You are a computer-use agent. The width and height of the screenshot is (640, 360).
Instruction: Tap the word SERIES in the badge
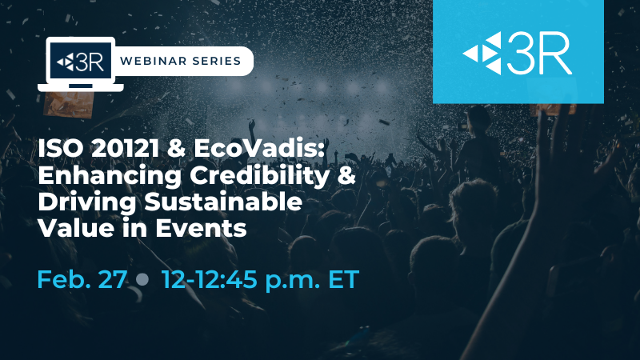(x=217, y=61)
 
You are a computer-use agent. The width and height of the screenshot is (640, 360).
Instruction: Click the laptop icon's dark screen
(x=81, y=62)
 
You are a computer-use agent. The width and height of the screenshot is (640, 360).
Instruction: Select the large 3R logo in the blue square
(x=518, y=54)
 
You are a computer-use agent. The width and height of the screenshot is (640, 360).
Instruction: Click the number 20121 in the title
(x=125, y=148)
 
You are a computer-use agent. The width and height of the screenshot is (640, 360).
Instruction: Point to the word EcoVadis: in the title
(x=258, y=148)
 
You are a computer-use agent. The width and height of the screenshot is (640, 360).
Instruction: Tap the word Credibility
(x=259, y=175)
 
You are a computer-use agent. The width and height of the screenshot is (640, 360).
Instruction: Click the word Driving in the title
(x=86, y=202)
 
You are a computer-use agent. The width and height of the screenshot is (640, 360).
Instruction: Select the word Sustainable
(x=223, y=202)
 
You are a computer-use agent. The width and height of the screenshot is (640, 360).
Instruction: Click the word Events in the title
(x=201, y=228)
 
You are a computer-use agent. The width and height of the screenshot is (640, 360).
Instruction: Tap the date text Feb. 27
(x=82, y=279)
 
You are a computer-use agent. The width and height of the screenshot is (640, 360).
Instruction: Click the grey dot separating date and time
(x=142, y=279)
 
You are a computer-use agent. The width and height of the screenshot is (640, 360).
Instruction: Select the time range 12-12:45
(x=210, y=279)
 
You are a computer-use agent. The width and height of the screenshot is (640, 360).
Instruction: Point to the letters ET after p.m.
(x=343, y=279)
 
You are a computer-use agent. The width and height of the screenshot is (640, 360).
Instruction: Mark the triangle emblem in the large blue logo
(x=482, y=54)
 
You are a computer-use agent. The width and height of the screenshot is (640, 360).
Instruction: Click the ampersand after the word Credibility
(x=346, y=175)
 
